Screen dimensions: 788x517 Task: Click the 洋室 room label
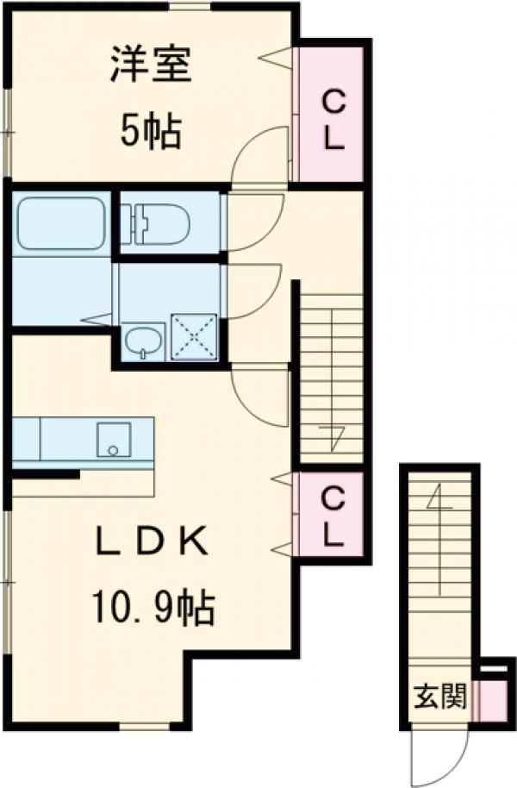[x=149, y=66]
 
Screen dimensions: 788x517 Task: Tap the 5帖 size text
[x=149, y=132]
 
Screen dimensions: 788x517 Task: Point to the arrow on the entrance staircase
[x=439, y=500]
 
